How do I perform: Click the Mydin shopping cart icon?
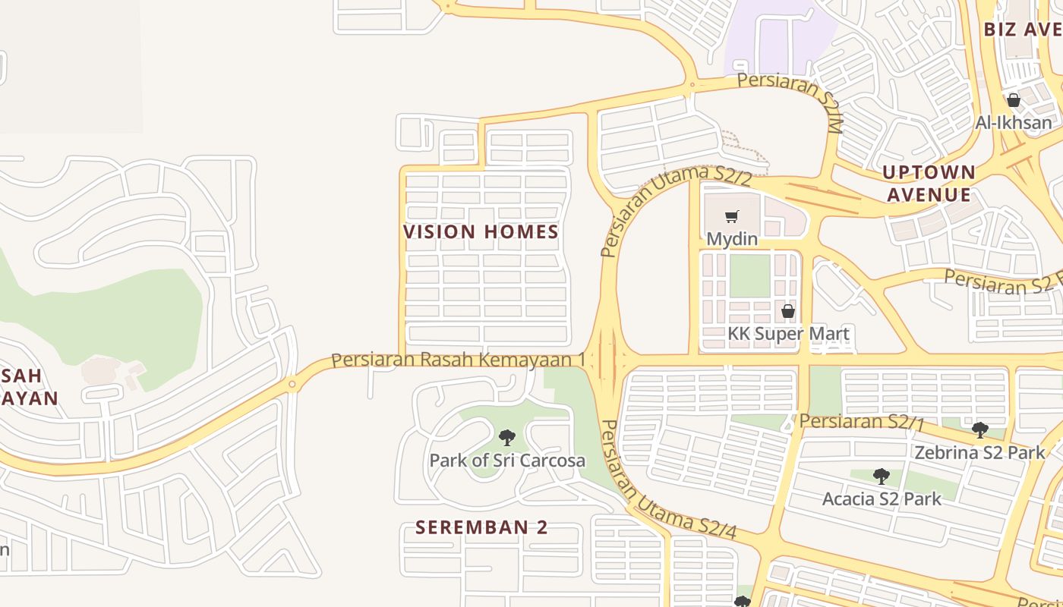click(732, 217)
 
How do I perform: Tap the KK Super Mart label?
click(788, 334)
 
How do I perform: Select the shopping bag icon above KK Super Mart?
click(788, 311)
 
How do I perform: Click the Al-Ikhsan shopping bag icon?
click(1013, 100)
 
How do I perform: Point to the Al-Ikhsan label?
click(1014, 122)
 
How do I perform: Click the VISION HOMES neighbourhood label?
click(481, 232)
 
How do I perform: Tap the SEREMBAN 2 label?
click(481, 527)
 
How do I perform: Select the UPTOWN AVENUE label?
click(929, 184)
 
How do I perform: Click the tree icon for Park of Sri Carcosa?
click(507, 438)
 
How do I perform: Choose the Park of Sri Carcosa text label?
click(507, 461)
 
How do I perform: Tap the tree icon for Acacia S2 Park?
click(881, 476)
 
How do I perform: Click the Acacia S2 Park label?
click(882, 498)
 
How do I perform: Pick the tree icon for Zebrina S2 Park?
click(980, 430)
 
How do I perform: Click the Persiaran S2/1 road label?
click(861, 422)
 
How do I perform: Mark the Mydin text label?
click(732, 239)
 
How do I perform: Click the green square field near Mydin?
click(749, 276)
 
